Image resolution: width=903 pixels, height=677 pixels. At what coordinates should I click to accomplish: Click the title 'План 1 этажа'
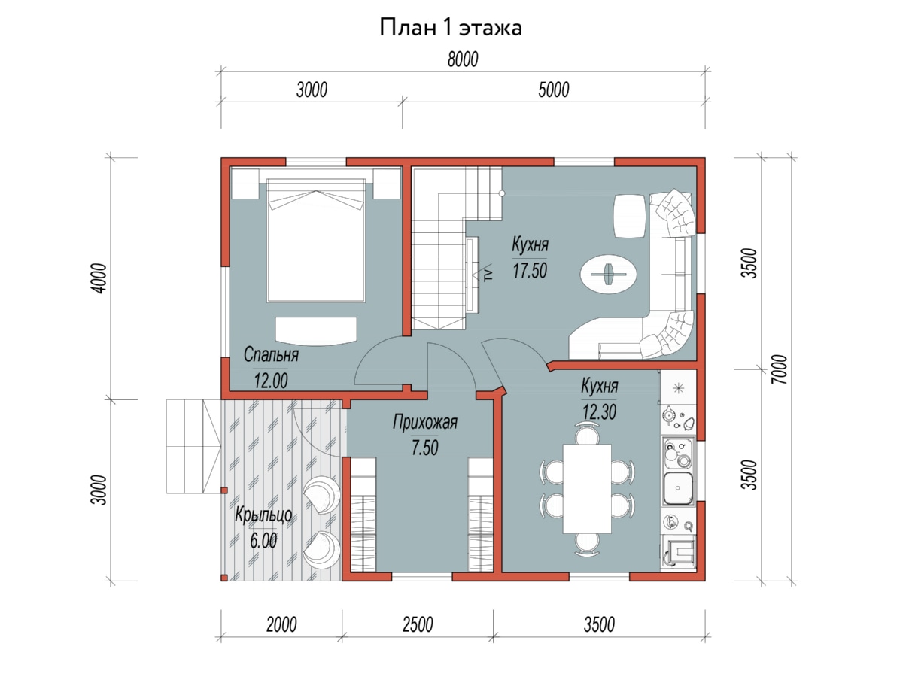(451, 28)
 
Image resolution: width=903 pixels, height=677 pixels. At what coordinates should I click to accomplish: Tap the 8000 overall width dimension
(463, 59)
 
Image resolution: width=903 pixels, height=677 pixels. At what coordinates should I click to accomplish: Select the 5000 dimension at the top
(554, 90)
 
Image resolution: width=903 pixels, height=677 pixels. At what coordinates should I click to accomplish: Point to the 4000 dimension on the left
(99, 278)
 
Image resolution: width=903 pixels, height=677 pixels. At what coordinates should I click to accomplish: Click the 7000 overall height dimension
(779, 369)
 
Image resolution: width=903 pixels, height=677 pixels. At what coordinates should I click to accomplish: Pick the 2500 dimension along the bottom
(418, 625)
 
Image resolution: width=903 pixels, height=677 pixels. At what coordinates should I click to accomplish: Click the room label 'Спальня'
(271, 355)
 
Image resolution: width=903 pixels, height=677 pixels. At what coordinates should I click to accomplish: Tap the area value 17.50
(530, 271)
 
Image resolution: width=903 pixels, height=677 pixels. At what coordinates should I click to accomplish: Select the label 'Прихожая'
(425, 422)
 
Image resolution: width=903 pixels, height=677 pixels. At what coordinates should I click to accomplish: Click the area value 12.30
(600, 412)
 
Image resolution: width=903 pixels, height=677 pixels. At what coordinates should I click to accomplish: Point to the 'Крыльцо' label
(263, 515)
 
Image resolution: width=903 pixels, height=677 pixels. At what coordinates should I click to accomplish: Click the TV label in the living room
(488, 275)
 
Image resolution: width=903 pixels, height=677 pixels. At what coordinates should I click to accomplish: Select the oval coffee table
(609, 274)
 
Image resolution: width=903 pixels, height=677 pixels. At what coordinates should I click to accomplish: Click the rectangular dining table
(587, 488)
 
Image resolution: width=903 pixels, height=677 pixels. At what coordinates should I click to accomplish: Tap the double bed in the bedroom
(316, 241)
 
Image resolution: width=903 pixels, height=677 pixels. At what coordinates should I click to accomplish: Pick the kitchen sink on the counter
(679, 488)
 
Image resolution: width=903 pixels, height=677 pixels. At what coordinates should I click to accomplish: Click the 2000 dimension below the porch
(281, 625)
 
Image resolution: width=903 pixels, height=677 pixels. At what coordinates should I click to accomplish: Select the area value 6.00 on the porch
(263, 541)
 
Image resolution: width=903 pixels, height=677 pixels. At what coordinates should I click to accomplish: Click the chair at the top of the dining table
(587, 436)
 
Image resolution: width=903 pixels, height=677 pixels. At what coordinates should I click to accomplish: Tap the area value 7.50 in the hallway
(425, 448)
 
